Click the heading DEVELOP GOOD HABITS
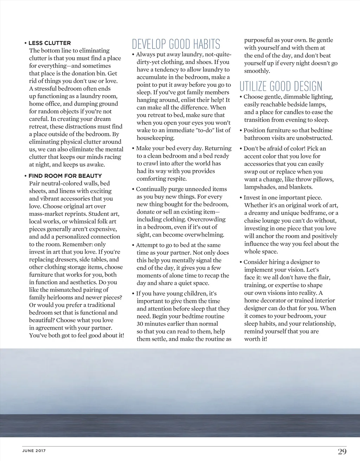tap(176, 44)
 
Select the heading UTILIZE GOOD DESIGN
tap(281, 86)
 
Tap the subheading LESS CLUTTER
tap(50, 43)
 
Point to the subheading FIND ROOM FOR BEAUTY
tap(65, 176)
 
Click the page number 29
tap(342, 452)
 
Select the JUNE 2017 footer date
tap(34, 451)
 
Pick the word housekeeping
tap(155, 138)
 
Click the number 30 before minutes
tap(140, 324)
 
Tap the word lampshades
tap(260, 187)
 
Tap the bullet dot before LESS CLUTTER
tap(26, 43)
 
